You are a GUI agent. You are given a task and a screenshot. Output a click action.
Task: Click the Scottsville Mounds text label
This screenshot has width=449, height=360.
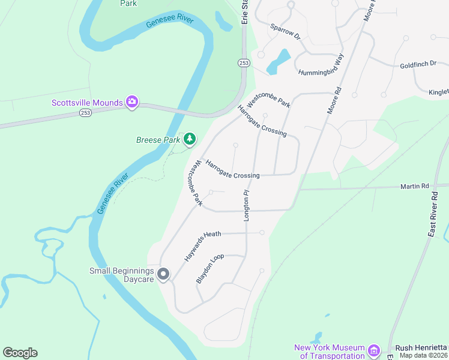pos(87,103)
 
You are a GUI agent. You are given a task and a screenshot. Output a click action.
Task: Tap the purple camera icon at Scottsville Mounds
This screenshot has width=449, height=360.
pos(133,103)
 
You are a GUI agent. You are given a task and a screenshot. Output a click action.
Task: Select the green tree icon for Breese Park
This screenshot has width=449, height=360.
pos(190,140)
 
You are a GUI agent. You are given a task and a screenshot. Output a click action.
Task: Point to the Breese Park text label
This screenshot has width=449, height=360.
pos(158,140)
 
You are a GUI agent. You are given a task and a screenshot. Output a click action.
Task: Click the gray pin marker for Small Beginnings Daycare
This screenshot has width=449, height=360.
pos(164,275)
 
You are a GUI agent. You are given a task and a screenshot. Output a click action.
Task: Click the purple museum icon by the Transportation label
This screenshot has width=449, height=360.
pos(374,350)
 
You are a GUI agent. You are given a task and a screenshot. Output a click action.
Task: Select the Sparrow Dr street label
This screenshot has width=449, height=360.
pos(285,32)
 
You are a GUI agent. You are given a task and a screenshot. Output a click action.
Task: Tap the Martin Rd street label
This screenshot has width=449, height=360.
pos(415,187)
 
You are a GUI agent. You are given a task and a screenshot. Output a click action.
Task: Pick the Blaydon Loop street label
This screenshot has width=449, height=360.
pos(210,268)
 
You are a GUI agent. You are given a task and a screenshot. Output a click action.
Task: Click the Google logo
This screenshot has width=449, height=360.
pos(20,353)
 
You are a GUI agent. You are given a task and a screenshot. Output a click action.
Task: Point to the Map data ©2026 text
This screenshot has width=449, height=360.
pos(424,355)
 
